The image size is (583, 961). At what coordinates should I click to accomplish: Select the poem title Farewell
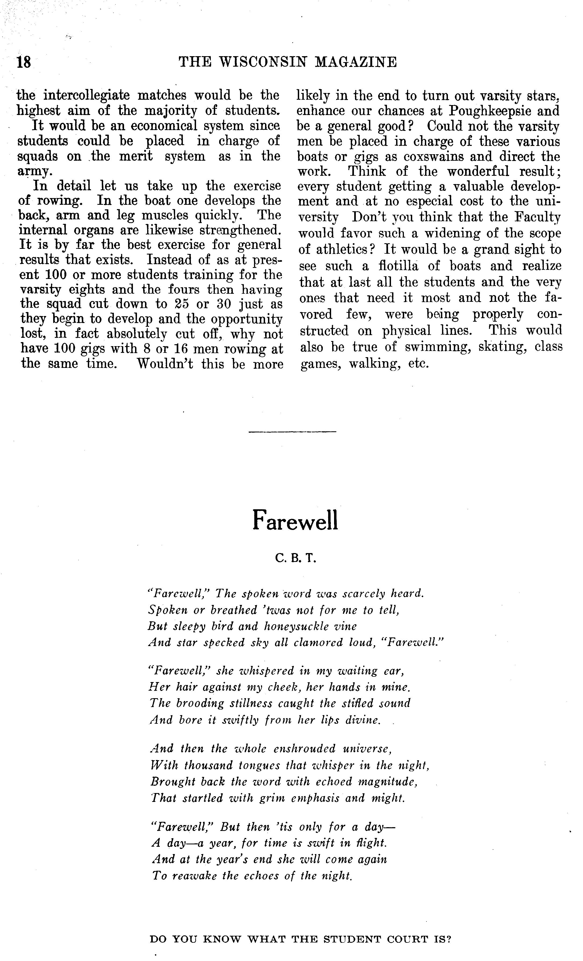[x=295, y=520]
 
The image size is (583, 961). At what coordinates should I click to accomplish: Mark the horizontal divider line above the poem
[x=292, y=431]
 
